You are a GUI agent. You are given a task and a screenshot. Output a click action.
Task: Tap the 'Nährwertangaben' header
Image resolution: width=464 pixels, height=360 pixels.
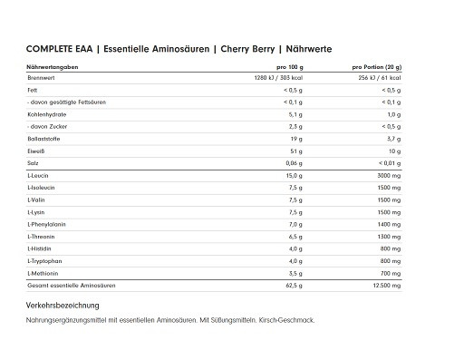[x=52, y=68]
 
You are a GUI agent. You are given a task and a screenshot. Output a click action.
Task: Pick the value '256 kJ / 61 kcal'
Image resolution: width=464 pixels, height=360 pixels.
[x=376, y=79]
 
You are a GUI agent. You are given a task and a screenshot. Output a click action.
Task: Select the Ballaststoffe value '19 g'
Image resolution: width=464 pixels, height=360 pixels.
[x=295, y=139]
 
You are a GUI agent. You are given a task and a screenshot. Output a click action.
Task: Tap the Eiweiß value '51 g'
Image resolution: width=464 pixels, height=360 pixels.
[x=295, y=151]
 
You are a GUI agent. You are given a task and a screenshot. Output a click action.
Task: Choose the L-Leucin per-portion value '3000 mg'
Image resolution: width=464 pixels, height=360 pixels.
[x=385, y=174]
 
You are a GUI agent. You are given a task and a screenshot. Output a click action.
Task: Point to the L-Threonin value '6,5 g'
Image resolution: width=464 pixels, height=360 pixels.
[x=294, y=235]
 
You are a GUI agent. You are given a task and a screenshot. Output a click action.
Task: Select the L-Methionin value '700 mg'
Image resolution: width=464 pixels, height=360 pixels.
[x=387, y=272]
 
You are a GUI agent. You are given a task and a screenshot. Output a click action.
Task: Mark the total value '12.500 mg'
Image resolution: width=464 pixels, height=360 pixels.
[x=383, y=286]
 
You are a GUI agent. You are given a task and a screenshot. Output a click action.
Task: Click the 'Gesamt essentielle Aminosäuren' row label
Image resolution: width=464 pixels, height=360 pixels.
[x=72, y=286]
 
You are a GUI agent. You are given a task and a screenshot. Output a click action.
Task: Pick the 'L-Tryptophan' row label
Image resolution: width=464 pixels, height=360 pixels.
[x=46, y=260]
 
